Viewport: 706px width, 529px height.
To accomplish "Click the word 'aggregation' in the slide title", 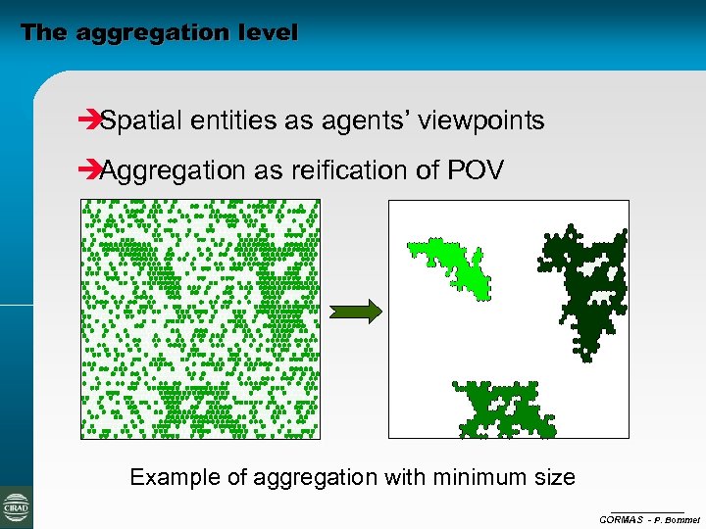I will click(x=147, y=32).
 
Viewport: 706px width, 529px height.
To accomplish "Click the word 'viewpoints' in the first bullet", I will click(x=481, y=121).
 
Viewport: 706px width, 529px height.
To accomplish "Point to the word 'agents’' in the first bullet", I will click(x=374, y=121).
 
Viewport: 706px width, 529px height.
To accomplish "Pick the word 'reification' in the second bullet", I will click(x=338, y=170).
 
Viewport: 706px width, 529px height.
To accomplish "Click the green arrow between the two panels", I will click(x=355, y=313).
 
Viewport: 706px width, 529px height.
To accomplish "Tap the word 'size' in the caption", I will click(x=556, y=478).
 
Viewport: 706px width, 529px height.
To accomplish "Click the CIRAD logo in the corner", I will click(x=17, y=507).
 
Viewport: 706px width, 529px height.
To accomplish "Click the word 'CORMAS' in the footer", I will click(x=621, y=519).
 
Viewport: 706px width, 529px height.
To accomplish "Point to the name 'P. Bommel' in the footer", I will click(x=676, y=519).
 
